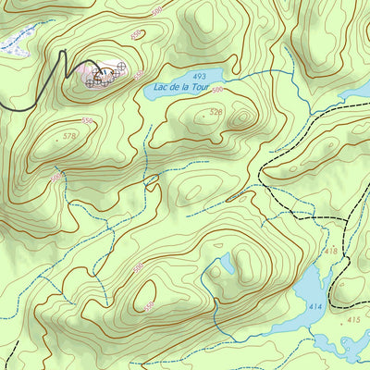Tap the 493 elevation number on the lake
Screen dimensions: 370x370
tap(199, 76)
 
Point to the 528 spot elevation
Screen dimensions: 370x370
tap(216, 112)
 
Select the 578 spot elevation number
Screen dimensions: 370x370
tap(69, 136)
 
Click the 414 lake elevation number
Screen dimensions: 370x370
tap(314, 305)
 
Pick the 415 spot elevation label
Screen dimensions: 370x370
tap(351, 319)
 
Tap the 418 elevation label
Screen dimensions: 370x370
tap(330, 251)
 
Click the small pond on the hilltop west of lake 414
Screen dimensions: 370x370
tap(223, 265)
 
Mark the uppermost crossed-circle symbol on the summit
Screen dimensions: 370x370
tap(121, 66)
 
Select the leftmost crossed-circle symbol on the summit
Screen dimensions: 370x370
tap(90, 82)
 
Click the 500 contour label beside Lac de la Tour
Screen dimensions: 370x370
tap(218, 91)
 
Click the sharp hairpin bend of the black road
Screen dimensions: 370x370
tap(64, 53)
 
